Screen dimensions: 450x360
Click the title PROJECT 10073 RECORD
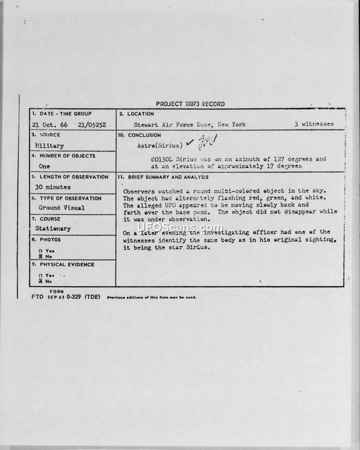190,104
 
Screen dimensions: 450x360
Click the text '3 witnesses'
314,124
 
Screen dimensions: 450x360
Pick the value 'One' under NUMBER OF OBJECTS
44,166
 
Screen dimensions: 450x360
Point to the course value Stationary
53,228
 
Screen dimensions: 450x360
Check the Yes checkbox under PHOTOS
40,251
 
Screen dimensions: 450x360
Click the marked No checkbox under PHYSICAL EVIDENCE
40,281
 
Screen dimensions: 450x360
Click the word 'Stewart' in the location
144,124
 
